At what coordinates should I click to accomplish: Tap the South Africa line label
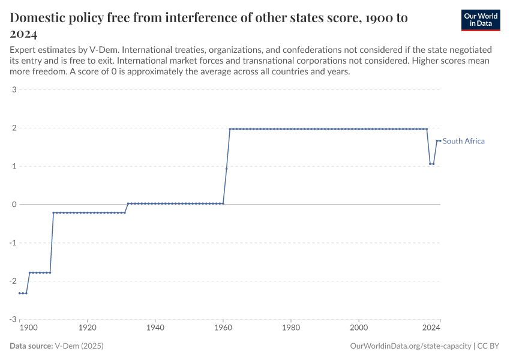tap(463, 141)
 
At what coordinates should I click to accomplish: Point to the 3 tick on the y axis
tap(13, 90)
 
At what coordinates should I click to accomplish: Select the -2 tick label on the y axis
tap(12, 281)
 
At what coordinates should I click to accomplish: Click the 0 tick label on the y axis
tap(13, 205)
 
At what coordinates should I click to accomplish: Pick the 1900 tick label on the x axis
tap(28, 328)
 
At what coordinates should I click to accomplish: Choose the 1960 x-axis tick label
tap(223, 328)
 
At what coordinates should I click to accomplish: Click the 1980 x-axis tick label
tap(291, 328)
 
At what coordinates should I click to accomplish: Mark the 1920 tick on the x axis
tap(88, 328)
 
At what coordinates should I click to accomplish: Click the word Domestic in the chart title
tap(40, 18)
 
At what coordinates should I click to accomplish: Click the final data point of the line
tap(440, 141)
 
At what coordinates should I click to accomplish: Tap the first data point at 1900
tap(20, 293)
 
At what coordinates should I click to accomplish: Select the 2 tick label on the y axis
tap(13, 128)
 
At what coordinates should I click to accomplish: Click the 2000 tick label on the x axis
tap(359, 328)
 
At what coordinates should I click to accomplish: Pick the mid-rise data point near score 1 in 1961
tap(226, 169)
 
